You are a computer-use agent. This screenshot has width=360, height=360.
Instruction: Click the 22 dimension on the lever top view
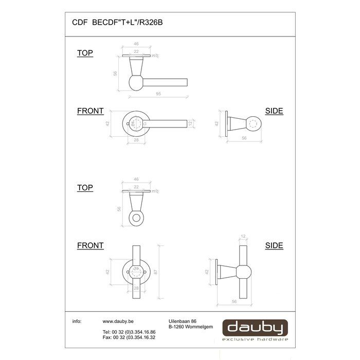[x=137, y=51]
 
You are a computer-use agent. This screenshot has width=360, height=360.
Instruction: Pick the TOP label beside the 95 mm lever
[x=85, y=53]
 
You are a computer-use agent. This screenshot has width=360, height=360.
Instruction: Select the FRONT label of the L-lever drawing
[x=90, y=111]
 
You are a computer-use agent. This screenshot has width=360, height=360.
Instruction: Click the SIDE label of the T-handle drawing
[x=274, y=246]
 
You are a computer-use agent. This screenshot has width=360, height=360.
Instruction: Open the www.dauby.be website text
[x=115, y=320]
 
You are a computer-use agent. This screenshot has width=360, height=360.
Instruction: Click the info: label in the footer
[x=77, y=320]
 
